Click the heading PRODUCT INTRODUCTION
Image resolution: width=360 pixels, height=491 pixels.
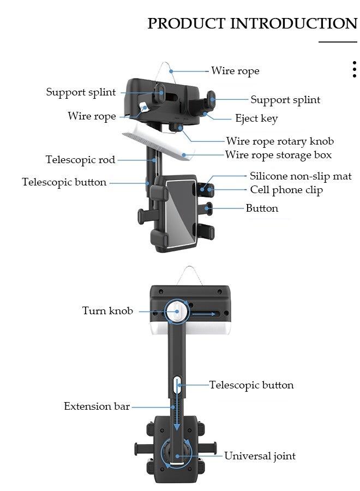click(252, 23)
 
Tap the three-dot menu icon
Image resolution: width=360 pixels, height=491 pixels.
click(354, 69)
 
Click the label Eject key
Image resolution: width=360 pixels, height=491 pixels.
click(256, 118)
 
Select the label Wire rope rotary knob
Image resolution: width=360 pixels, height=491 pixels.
click(280, 141)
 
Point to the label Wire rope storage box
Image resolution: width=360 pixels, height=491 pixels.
click(278, 155)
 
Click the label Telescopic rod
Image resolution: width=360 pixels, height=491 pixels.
click(80, 160)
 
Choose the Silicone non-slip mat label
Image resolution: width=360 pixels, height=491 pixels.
click(301, 176)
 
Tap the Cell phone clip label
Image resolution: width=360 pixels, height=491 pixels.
click(286, 190)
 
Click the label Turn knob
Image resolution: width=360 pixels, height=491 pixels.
click(107, 311)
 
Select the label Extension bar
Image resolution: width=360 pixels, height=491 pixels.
click(97, 406)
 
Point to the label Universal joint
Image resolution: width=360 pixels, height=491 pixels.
click(260, 456)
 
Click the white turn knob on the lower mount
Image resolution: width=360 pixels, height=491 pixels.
click(176, 312)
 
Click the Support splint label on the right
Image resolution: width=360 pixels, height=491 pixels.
click(285, 100)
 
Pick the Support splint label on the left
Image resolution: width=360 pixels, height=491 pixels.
click(81, 92)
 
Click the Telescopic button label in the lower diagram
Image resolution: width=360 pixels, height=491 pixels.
click(251, 385)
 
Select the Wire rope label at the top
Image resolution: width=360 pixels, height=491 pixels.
click(235, 71)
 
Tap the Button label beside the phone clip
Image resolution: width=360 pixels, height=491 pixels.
click(262, 208)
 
